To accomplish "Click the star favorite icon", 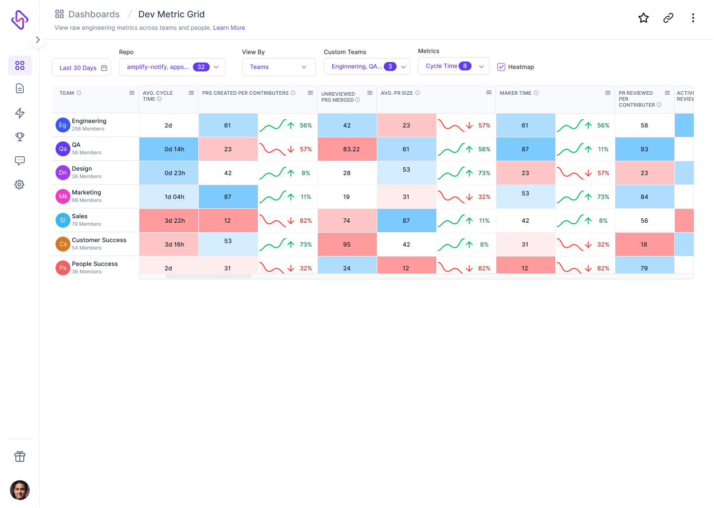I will coord(644,18).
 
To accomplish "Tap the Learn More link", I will coord(229,28).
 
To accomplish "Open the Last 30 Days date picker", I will coord(81,67).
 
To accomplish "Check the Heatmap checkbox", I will coord(501,67).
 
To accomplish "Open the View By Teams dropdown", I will coord(279,67).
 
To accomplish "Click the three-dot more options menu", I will coord(693,18).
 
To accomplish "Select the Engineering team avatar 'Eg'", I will coord(62,125).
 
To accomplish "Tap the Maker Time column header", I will coord(516,93).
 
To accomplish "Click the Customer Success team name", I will coord(99,240).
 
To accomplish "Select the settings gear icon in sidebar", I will coord(20,185).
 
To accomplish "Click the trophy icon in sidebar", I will coord(20,137).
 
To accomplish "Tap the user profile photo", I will coord(20,490).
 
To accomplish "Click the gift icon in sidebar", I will coord(20,456).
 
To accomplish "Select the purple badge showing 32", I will coord(201,67).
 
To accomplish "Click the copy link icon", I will coord(668,18).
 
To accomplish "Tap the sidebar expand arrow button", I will coord(38,40).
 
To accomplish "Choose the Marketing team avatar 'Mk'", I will coord(62,196).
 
